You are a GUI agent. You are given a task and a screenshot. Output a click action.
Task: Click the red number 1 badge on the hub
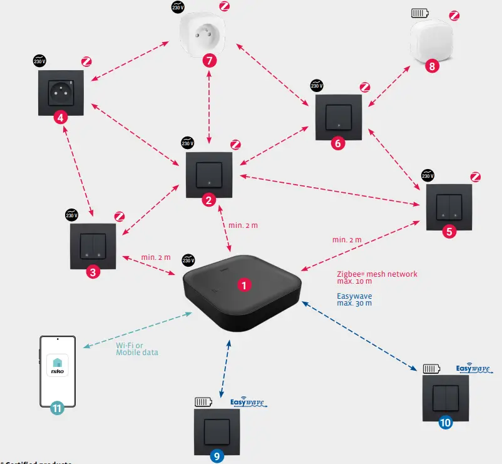(245, 284)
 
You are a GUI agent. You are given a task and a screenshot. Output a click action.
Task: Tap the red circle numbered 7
(210, 61)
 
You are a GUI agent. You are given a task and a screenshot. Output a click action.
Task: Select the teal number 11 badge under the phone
(58, 408)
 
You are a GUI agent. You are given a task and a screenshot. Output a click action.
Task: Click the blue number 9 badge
(217, 456)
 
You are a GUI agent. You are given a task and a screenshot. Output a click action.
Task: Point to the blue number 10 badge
(445, 423)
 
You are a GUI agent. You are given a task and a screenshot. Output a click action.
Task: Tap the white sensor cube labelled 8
(432, 41)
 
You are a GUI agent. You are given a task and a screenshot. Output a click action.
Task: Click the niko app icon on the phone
(58, 366)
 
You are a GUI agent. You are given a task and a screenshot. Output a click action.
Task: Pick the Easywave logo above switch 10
(473, 369)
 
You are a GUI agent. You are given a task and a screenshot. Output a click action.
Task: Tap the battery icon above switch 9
(204, 402)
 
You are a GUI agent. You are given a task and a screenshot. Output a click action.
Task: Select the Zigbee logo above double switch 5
(476, 177)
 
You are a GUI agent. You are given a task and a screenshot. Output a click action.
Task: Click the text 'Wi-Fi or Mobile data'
(137, 349)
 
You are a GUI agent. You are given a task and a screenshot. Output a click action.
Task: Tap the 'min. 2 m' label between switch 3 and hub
(155, 257)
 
